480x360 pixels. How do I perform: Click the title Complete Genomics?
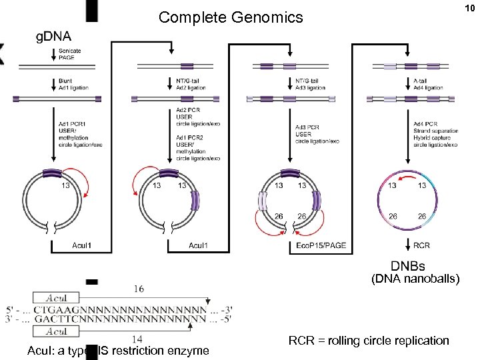click(x=230, y=17)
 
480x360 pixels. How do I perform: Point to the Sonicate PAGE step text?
click(x=69, y=54)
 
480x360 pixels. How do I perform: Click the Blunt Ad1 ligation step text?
click(x=73, y=85)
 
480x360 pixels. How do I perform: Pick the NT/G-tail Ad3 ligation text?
click(x=309, y=85)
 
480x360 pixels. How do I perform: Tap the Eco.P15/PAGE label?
click(x=321, y=245)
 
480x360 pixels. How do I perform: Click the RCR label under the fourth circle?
click(x=422, y=245)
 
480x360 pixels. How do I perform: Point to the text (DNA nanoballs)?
click(x=415, y=280)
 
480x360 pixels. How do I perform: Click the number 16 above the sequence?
click(x=139, y=289)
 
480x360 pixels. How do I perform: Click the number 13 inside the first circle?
click(x=65, y=186)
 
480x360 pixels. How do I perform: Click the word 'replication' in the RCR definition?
click(x=418, y=341)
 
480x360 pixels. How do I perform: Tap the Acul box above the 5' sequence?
click(x=56, y=298)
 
